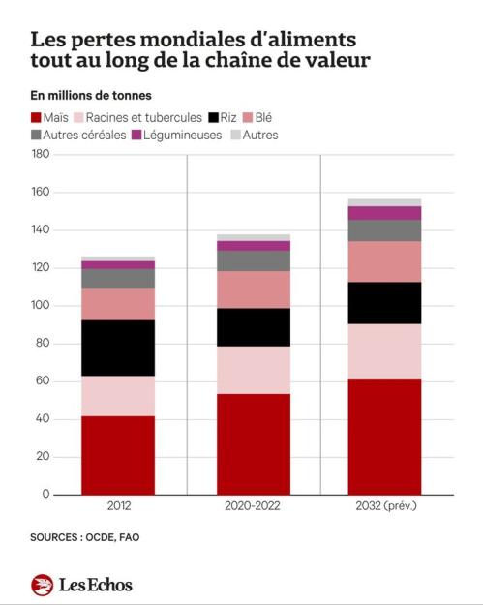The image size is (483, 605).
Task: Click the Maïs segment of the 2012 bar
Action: pos(118,455)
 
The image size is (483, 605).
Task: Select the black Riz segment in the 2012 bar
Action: pos(118,348)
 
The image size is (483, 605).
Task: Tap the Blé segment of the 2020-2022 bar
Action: pos(254,289)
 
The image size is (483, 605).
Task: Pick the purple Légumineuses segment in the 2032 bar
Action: pos(384,213)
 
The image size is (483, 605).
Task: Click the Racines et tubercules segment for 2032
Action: pos(384,351)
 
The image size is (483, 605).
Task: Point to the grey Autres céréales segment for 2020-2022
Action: pos(254,260)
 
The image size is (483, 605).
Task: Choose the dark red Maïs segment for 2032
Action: pos(384,438)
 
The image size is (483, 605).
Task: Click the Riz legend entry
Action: pos(223,117)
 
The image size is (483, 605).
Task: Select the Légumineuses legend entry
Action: pos(177,136)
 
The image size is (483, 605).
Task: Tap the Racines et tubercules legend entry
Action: pos(137,117)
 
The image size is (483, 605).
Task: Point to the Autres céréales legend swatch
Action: pos(36,136)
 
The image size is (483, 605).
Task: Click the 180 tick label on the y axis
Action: pos(41,154)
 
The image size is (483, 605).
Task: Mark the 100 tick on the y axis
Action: pos(41,305)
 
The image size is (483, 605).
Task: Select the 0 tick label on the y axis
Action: pos(45,494)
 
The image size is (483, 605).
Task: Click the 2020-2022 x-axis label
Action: pos(253,506)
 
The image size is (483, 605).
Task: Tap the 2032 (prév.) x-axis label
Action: pos(386,506)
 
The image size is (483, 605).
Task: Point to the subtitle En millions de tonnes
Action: pos(91,95)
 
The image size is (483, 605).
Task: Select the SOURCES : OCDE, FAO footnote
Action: pos(85,537)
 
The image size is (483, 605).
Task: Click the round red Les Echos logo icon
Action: pos(42,585)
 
